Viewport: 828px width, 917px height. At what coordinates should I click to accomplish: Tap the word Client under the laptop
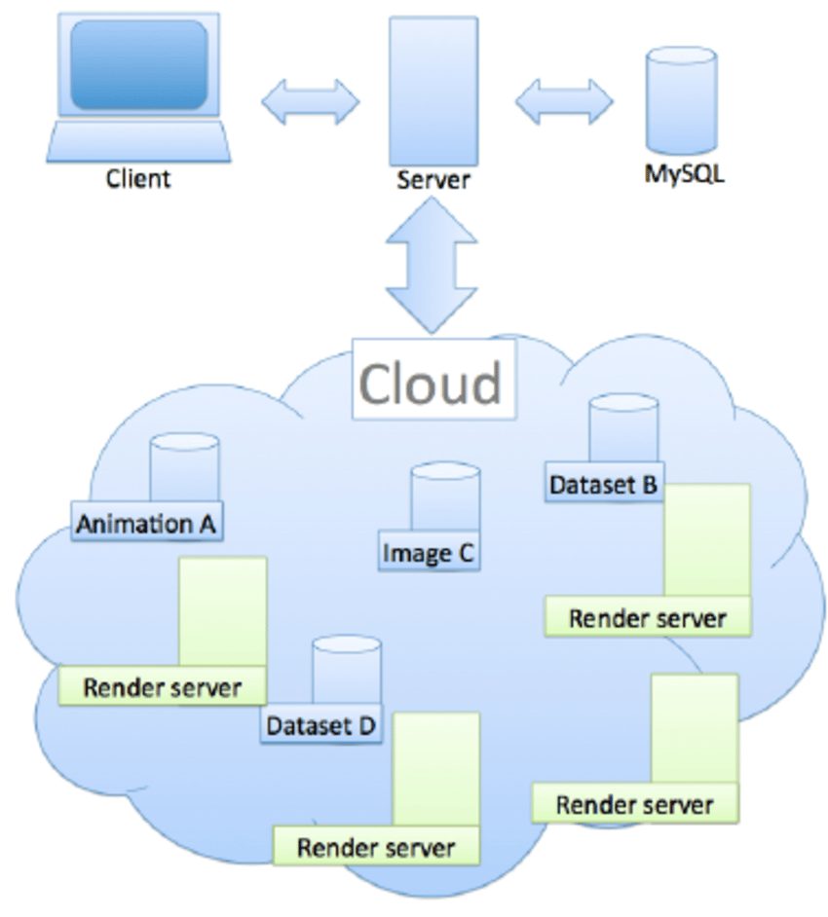pos(138,178)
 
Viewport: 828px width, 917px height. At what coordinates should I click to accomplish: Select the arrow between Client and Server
pos(310,101)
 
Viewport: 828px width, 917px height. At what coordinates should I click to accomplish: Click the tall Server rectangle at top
pos(433,91)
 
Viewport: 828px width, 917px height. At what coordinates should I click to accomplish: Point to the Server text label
pos(433,180)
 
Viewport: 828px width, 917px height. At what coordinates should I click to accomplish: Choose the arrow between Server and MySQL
pos(563,101)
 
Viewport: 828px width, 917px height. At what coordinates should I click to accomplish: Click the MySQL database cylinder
pos(683,97)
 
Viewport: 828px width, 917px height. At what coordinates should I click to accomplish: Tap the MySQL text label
pos(684,176)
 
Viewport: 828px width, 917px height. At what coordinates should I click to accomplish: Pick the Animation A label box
pos(146,523)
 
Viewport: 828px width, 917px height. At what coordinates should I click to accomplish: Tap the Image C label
pos(429,553)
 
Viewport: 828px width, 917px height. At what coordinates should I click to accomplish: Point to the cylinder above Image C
pos(445,496)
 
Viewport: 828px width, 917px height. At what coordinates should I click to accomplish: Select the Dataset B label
pos(604,484)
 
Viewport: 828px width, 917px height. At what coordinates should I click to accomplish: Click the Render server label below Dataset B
pos(648,618)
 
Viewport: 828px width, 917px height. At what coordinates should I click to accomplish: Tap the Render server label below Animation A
pos(162,687)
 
